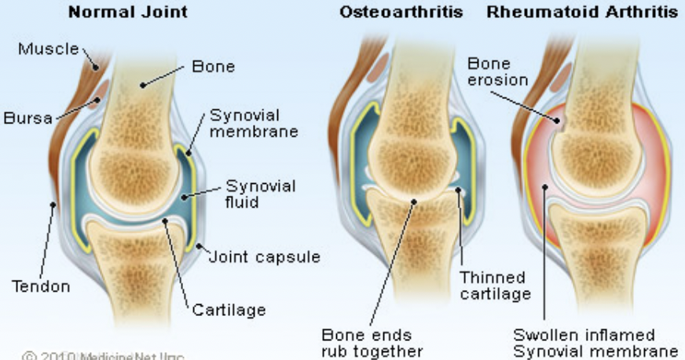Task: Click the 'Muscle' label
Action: click(48, 50)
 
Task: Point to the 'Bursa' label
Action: click(27, 119)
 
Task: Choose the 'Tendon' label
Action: click(39, 286)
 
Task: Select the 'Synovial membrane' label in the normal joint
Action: click(253, 123)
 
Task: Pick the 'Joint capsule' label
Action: click(264, 256)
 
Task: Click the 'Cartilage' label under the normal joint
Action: click(229, 310)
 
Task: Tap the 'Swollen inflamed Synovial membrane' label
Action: click(595, 343)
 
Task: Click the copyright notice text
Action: click(102, 355)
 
